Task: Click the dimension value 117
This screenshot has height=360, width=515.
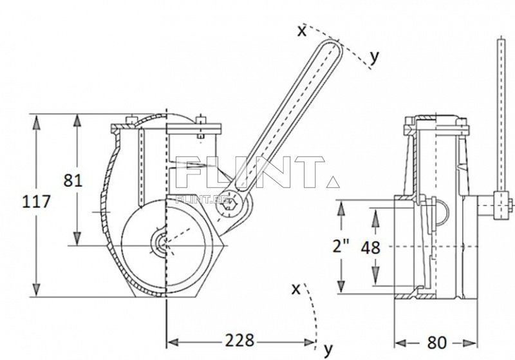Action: (x=36, y=202)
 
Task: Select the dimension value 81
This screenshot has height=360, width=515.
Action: (x=73, y=180)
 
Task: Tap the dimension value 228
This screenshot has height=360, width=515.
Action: (x=239, y=340)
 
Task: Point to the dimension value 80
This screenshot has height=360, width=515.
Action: (x=437, y=343)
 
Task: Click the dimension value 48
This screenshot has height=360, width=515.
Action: (x=370, y=248)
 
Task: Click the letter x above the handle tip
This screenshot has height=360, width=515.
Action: (x=301, y=31)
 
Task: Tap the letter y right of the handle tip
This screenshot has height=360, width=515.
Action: (x=375, y=57)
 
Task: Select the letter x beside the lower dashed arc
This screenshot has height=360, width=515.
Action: (x=296, y=289)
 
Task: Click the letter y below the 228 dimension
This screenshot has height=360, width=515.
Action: (x=328, y=350)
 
